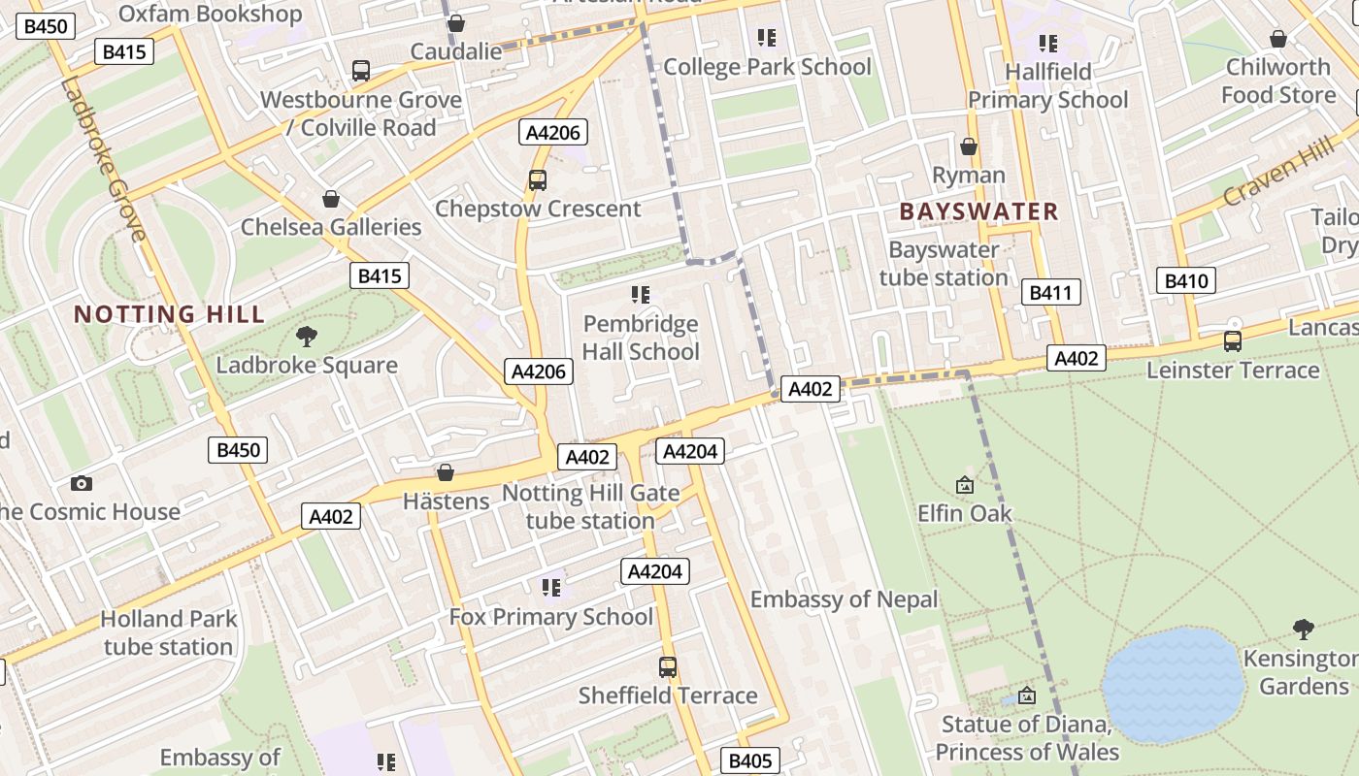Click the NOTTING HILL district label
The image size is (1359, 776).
169,314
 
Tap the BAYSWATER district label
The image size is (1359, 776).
978,211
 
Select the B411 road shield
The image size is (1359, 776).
1050,292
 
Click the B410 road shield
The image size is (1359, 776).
1186,281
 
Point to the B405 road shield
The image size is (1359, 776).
749,760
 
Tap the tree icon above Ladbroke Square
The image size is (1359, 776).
307,337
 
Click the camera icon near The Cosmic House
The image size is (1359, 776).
82,483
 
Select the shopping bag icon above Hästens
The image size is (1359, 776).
446,472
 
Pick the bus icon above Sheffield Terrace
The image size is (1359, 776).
668,667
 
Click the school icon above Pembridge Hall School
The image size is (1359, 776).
640,294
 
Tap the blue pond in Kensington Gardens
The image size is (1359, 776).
1173,684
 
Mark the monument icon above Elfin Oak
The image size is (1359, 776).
965,485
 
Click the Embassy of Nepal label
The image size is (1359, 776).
845,599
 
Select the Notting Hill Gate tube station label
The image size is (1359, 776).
590,507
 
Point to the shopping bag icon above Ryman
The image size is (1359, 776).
968,146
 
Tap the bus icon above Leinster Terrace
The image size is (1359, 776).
1233,341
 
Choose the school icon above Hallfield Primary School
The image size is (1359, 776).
1047,43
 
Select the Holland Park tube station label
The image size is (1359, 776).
168,632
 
